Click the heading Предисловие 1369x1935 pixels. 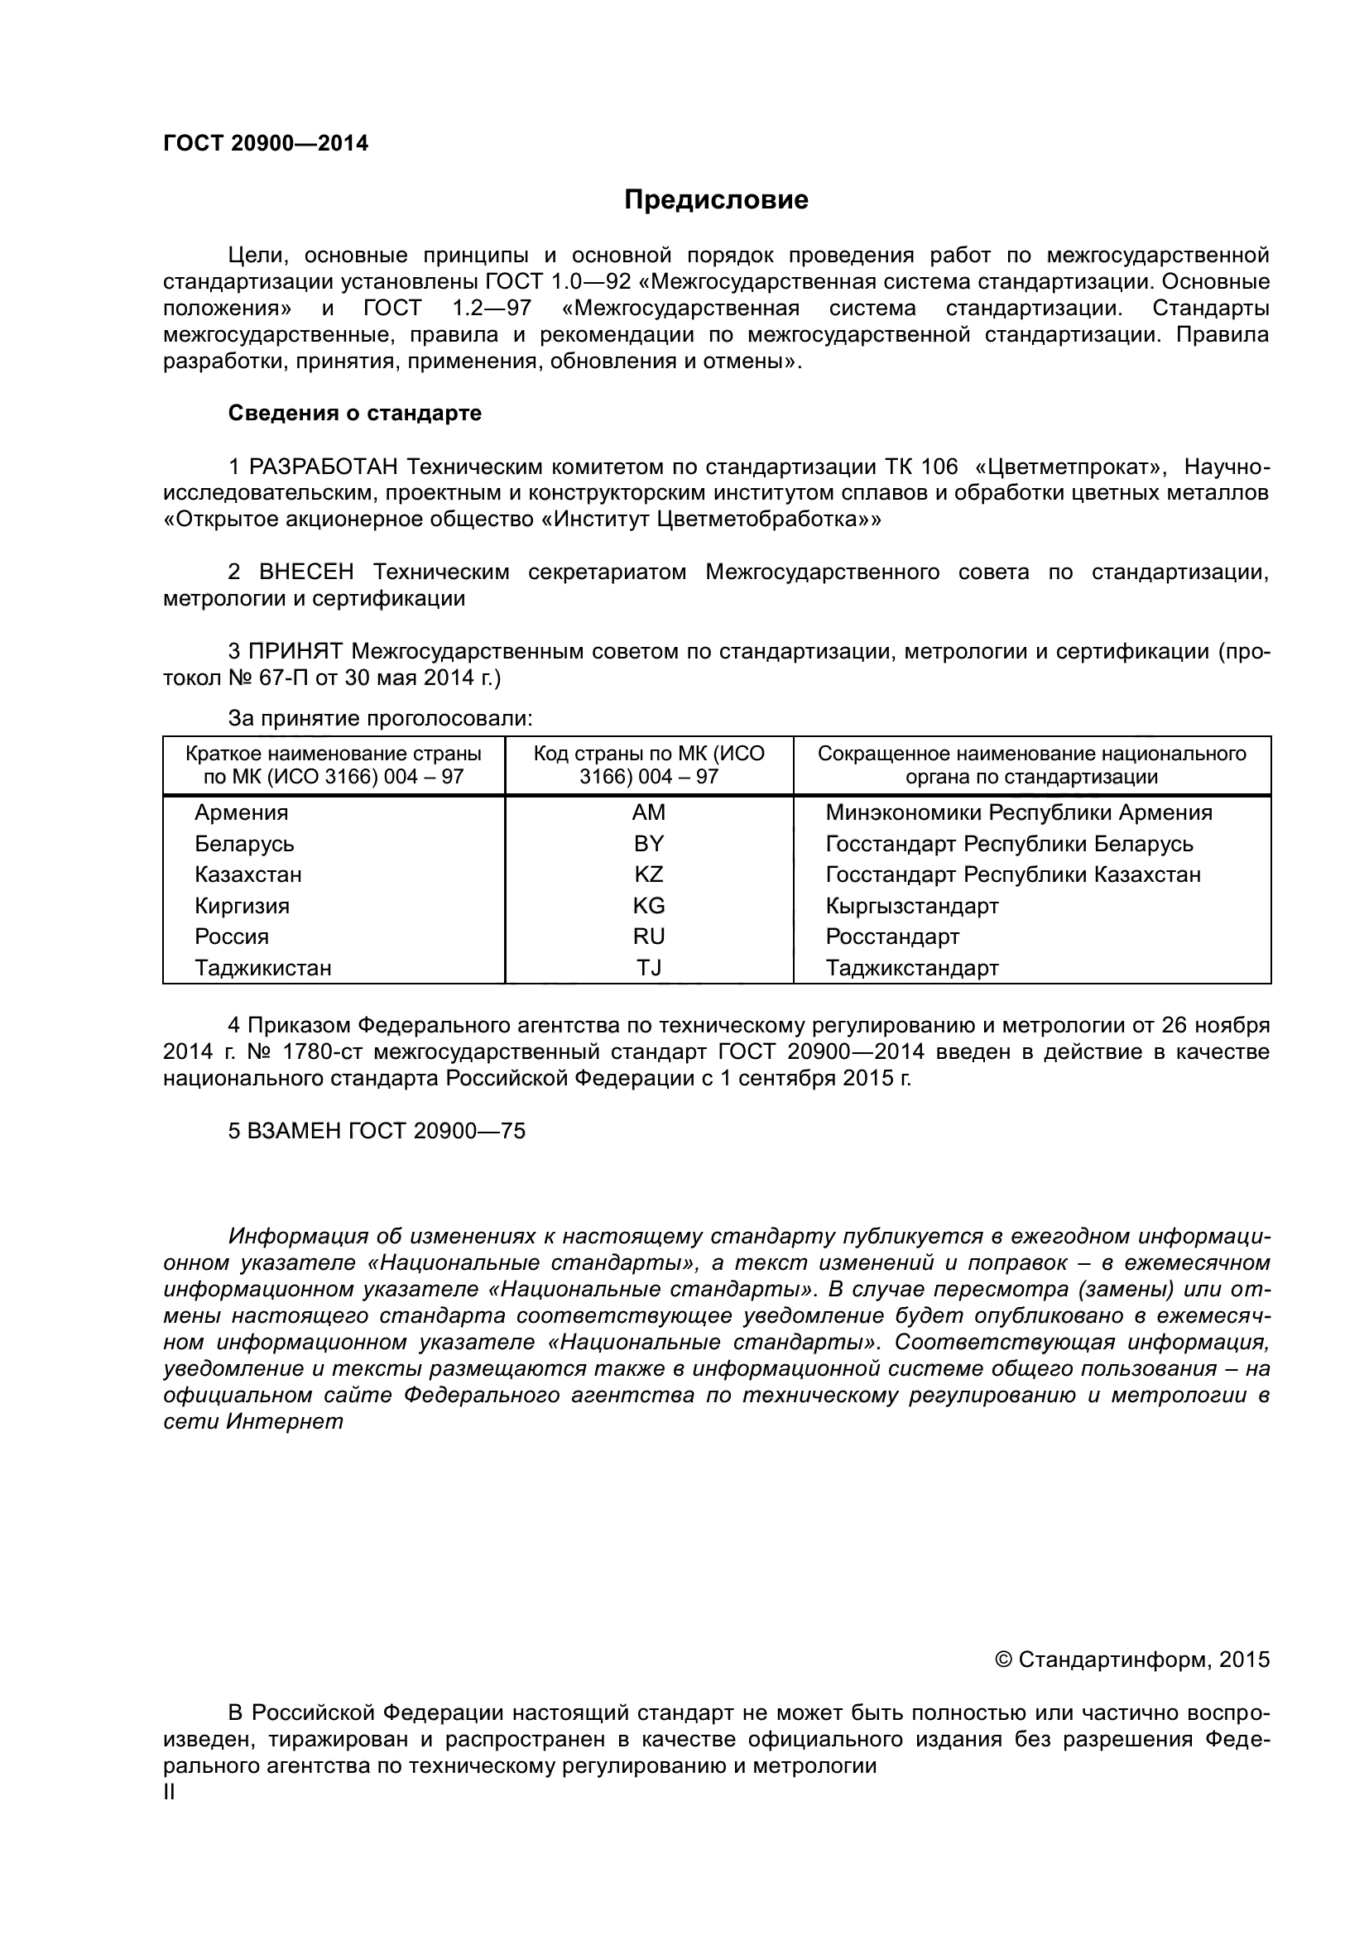[716, 199]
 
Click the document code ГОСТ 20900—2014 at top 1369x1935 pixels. [266, 143]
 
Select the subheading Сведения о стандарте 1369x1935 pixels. [355, 413]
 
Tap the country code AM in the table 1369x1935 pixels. [648, 812]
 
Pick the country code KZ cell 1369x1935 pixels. [648, 874]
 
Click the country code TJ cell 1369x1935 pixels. [648, 968]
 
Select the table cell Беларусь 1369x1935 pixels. [244, 844]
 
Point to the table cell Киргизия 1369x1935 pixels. [242, 906]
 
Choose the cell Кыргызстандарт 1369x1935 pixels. [912, 906]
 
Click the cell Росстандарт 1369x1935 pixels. [893, 936]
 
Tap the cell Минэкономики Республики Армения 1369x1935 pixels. [1018, 812]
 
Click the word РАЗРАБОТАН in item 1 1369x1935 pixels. [324, 467]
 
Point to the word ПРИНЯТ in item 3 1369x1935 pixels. [295, 651]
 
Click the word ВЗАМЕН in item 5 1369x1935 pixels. [293, 1131]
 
